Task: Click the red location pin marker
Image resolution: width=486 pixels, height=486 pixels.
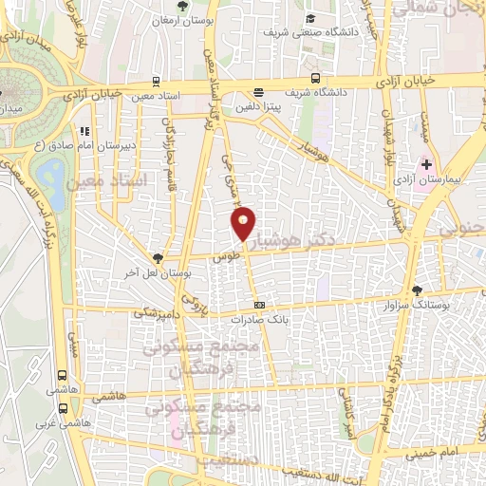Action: [x=243, y=222]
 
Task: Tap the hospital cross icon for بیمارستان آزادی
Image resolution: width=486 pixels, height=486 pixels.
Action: [x=426, y=164]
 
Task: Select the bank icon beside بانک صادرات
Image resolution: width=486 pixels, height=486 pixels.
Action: [x=260, y=306]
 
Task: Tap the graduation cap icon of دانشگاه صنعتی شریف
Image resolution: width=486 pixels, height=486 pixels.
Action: [x=310, y=18]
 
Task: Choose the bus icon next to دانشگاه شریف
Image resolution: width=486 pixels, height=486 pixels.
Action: [x=314, y=80]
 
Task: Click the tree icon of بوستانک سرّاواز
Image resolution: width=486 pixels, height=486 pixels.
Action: [x=417, y=290]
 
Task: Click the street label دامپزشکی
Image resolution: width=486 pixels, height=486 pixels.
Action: [x=156, y=311]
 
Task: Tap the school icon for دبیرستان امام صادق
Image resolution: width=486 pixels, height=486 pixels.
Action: [x=84, y=130]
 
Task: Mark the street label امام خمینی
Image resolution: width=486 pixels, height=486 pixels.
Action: [x=434, y=454]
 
